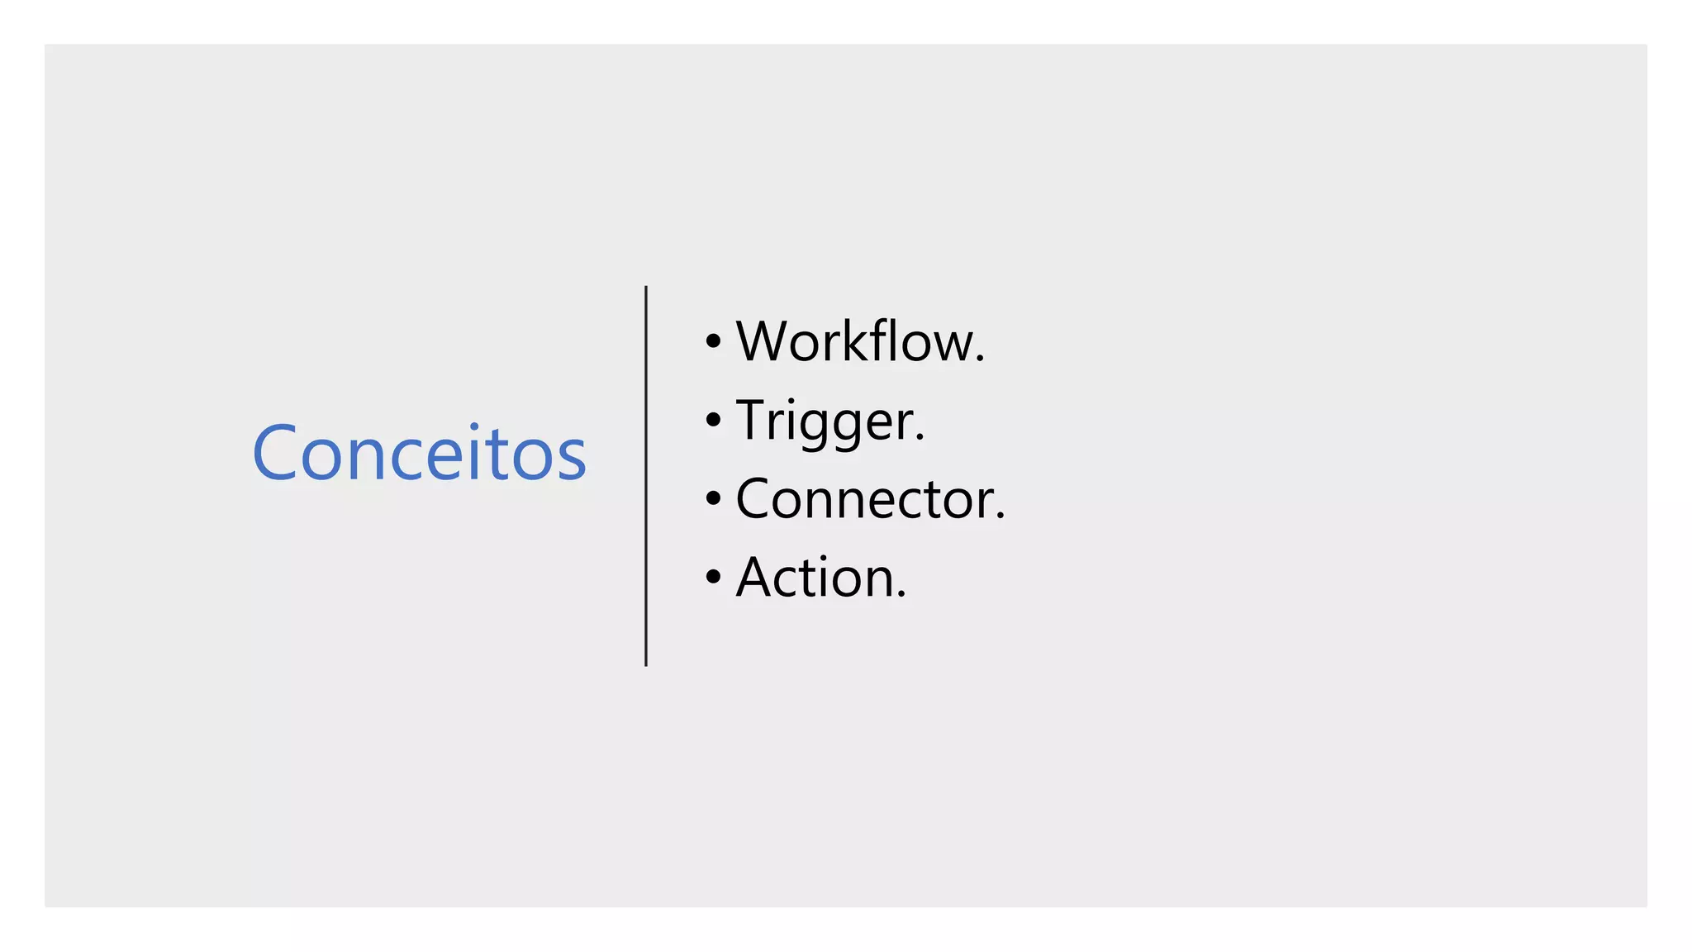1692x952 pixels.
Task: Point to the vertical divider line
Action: (x=646, y=476)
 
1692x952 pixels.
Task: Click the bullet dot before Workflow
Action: (x=714, y=341)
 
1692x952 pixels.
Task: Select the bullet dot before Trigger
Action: (x=714, y=420)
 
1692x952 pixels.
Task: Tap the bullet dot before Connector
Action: (x=714, y=498)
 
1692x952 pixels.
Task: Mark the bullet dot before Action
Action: (x=714, y=577)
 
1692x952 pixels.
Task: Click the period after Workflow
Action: (x=980, y=359)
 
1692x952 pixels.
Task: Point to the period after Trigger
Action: (x=920, y=438)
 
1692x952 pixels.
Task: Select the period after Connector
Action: (x=1000, y=516)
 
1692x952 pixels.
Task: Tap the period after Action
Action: (x=901, y=595)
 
